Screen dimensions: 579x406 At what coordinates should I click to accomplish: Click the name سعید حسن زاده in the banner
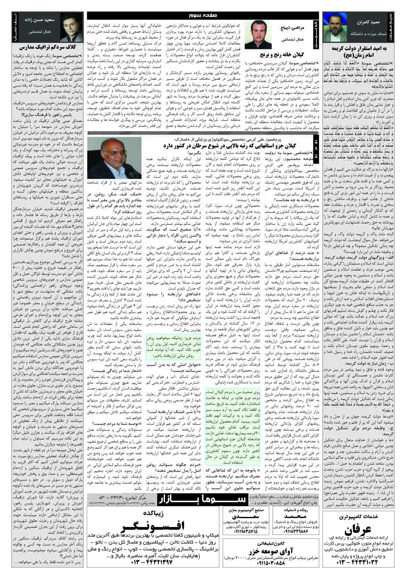38,20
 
